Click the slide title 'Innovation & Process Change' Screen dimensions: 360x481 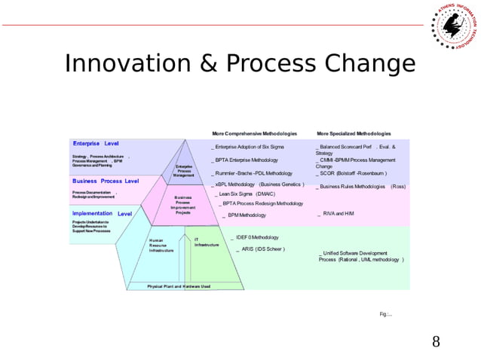pyautogui.click(x=239, y=63)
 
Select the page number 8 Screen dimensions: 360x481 pyautogui.click(x=436, y=343)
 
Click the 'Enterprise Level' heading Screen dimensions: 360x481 pyautogui.click(x=96, y=143)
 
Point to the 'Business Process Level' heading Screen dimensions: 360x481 pyautogui.click(x=106, y=182)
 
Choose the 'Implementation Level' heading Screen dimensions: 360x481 pyautogui.click(x=103, y=213)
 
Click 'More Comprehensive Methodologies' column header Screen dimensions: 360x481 pyautogui.click(x=254, y=133)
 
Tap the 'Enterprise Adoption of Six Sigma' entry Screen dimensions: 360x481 pyautogui.click(x=250, y=146)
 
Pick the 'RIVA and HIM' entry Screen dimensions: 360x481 pyautogui.click(x=338, y=214)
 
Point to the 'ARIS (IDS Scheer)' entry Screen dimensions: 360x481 pyautogui.click(x=262, y=249)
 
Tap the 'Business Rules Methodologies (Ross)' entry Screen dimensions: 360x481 pyautogui.click(x=363, y=186)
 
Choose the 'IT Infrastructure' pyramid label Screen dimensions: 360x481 pyautogui.click(x=206, y=243)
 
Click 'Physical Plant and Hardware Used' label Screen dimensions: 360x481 pyautogui.click(x=179, y=286)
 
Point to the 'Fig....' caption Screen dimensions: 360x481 pyautogui.click(x=385, y=313)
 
